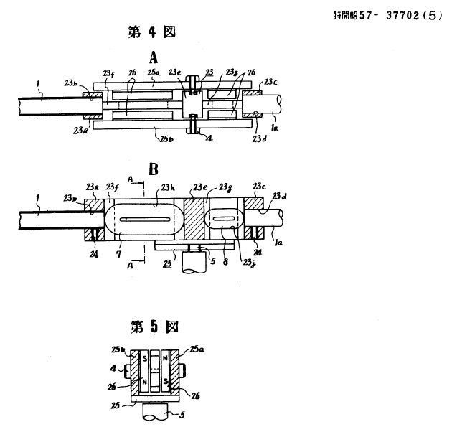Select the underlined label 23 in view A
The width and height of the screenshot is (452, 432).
tap(209, 73)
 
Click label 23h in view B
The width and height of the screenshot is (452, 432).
tap(170, 187)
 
